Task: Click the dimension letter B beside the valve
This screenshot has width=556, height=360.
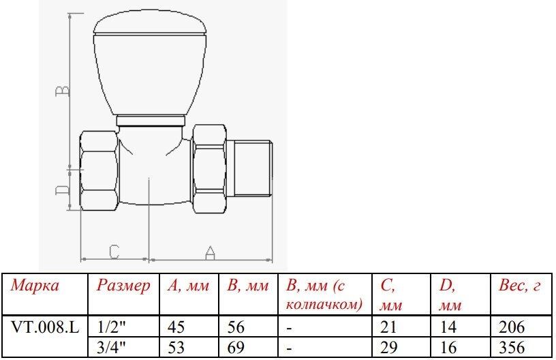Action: [x=63, y=91]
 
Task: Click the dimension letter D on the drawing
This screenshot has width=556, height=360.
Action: [x=63, y=190]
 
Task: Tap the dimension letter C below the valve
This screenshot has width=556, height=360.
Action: [x=114, y=252]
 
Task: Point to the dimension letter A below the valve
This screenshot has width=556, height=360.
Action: [x=210, y=252]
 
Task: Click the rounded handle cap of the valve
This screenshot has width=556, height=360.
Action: [x=150, y=64]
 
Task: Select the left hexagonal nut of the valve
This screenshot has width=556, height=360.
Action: [x=99, y=171]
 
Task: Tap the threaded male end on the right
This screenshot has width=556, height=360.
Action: [x=249, y=168]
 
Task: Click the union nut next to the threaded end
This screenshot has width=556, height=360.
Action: [x=209, y=169]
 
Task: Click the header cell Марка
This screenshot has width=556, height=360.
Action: [x=34, y=285]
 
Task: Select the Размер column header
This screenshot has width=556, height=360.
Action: [x=123, y=286]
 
